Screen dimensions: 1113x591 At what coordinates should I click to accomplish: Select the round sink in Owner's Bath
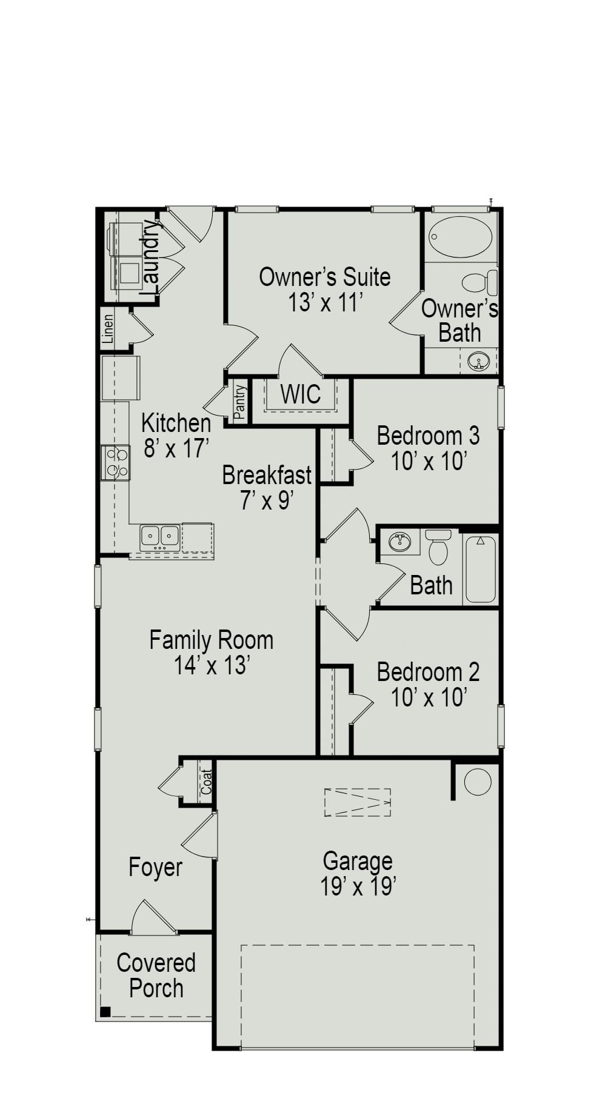478,363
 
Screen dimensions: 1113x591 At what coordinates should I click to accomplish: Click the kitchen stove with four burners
115,462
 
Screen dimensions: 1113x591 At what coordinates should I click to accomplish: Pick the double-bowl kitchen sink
160,537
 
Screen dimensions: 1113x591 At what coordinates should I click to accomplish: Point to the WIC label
300,394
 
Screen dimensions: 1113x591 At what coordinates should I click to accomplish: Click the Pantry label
240,402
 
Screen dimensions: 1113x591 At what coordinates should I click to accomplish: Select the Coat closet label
207,782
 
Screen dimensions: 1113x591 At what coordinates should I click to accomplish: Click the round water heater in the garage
478,782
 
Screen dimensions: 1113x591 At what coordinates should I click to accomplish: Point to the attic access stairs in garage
357,802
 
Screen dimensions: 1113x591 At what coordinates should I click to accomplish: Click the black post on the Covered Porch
105,1011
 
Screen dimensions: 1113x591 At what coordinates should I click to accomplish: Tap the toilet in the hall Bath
438,547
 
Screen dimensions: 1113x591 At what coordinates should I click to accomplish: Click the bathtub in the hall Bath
481,570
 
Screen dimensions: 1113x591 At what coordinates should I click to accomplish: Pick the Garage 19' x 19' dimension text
358,887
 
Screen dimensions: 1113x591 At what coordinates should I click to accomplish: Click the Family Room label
212,640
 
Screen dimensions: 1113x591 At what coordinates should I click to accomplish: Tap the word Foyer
155,868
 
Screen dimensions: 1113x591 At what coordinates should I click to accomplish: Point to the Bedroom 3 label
428,436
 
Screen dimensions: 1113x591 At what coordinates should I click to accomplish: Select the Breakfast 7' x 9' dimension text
267,501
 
